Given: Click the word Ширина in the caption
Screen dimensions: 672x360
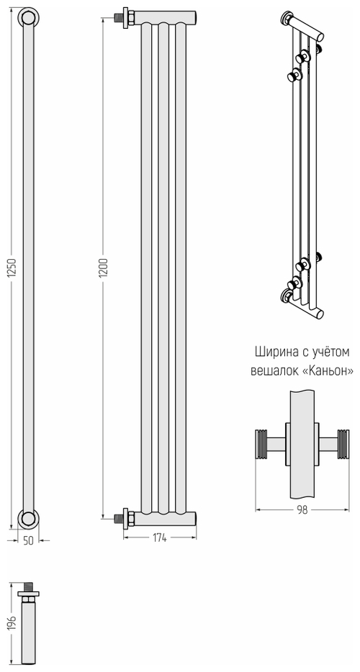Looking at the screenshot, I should pos(274,352).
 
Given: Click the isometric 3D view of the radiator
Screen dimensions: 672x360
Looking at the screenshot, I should pos(302,165).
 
